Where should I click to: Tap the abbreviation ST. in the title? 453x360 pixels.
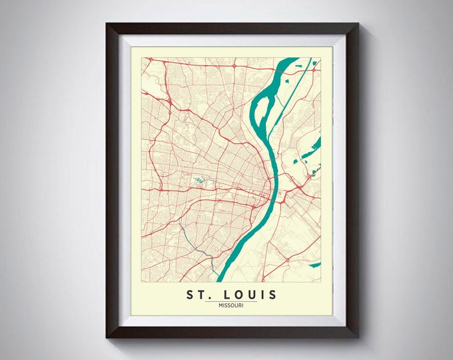point(196,295)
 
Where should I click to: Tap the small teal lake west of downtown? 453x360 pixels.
point(199,180)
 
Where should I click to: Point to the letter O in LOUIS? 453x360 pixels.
point(237,295)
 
